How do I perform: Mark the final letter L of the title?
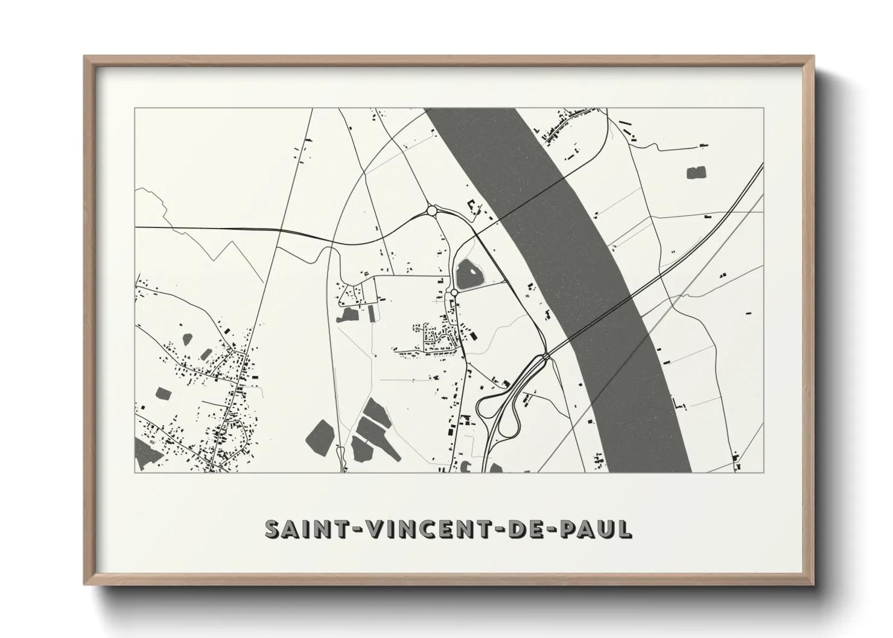pos(624,528)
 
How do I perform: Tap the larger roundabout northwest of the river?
pos(431,210)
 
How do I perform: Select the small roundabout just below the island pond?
pos(454,292)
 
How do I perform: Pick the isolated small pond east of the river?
pos(696,173)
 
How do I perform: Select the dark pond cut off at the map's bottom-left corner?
pos(143,453)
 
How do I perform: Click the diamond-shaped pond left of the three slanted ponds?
pos(319,432)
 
